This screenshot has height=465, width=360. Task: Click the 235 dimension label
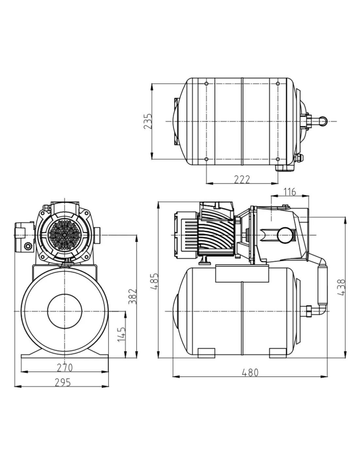(x=148, y=121)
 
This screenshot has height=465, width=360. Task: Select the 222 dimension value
(x=242, y=179)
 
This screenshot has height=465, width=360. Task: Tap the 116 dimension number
(x=290, y=192)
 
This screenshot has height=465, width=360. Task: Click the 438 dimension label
(x=341, y=287)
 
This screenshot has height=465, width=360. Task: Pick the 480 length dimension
(x=250, y=372)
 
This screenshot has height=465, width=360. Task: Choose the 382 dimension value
(x=132, y=296)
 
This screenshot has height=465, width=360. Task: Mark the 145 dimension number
(x=122, y=334)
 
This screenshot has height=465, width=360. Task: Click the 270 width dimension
(x=65, y=368)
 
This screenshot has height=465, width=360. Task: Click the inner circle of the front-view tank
(x=64, y=311)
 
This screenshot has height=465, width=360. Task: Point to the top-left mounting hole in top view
(x=207, y=84)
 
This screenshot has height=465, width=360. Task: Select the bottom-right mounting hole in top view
(x=278, y=159)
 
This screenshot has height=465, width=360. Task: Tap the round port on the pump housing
(x=284, y=235)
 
